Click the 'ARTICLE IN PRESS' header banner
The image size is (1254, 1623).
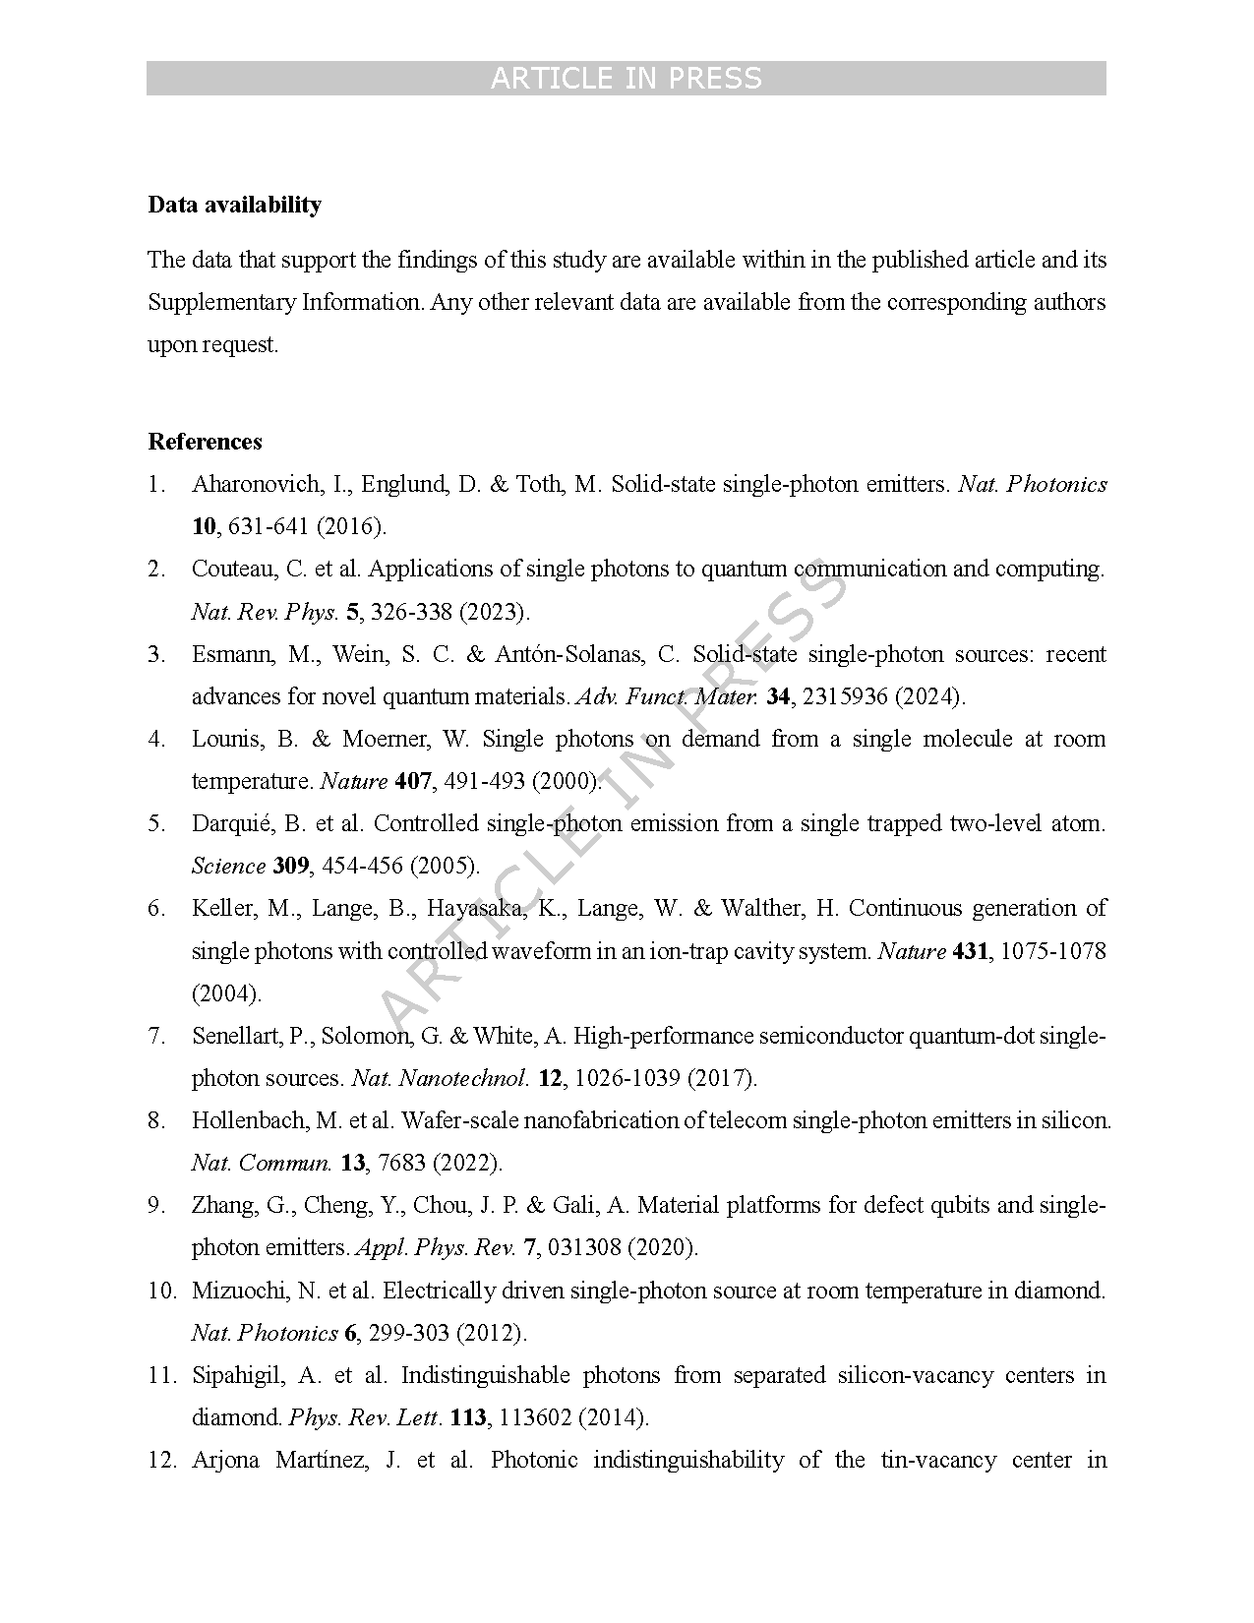pos(626,79)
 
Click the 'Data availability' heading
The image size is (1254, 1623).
pos(234,205)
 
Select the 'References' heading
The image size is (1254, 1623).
pos(205,442)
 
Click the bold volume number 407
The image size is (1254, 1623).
pos(413,781)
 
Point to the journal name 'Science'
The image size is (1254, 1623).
pos(228,866)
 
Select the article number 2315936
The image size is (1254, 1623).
pos(844,696)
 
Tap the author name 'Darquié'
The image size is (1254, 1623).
pos(227,823)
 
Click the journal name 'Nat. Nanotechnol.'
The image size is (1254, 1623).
pos(441,1078)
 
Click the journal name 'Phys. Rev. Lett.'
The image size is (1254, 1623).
pos(365,1417)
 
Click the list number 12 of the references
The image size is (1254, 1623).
pos(160,1460)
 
